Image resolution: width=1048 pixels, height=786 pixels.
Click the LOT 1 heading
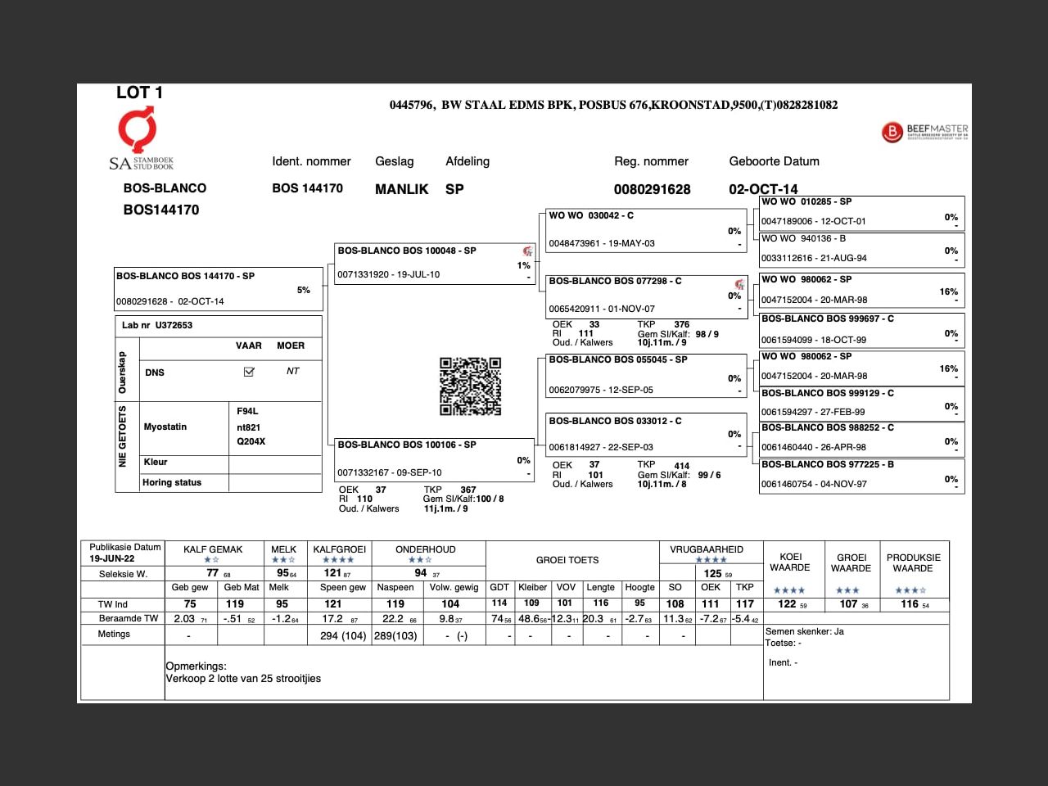pyautogui.click(x=139, y=93)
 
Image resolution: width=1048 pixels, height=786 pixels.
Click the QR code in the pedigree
pyautogui.click(x=470, y=386)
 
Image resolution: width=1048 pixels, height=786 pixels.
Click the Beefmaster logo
pyautogui.click(x=924, y=131)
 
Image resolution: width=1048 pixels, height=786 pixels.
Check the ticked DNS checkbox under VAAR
pyautogui.click(x=249, y=372)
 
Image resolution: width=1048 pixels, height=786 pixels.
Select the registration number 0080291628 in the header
pyautogui.click(x=652, y=189)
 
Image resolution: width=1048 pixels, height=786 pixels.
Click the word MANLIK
pyautogui.click(x=401, y=189)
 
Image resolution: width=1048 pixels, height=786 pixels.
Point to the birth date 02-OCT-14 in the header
pyautogui.click(x=763, y=189)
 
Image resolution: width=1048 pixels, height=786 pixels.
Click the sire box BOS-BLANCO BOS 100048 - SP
pyautogui.click(x=434, y=263)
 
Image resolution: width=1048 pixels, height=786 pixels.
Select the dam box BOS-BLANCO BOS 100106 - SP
pyautogui.click(x=434, y=458)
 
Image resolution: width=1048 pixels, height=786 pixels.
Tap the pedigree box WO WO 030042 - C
pyautogui.click(x=644, y=229)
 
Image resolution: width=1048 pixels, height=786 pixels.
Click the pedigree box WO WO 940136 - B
pyautogui.click(x=861, y=249)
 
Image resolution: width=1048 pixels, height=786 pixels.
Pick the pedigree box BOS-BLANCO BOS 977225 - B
pyautogui.click(x=861, y=475)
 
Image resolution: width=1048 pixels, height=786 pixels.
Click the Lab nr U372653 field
pyautogui.click(x=157, y=325)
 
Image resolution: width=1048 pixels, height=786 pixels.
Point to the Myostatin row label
pyautogui.click(x=165, y=427)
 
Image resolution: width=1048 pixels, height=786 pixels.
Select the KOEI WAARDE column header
pyautogui.click(x=790, y=562)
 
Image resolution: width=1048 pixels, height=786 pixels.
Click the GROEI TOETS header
pyautogui.click(x=567, y=560)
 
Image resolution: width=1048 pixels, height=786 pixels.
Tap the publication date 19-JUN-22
pyautogui.click(x=112, y=558)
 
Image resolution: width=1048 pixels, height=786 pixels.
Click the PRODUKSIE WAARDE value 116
pyautogui.click(x=910, y=604)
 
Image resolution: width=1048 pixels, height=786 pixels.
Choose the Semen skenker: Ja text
pyautogui.click(x=804, y=631)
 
